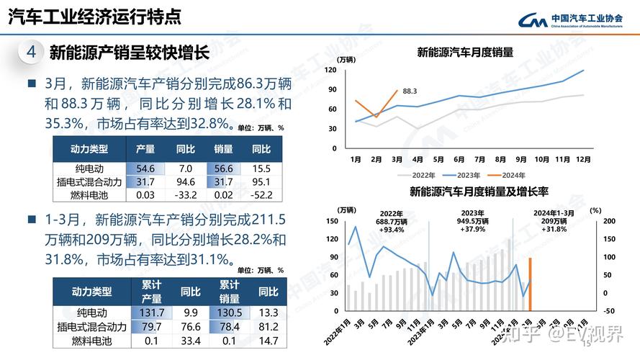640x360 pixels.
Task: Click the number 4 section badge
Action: [x=31, y=52]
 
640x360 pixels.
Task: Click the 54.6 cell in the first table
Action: [x=145, y=168]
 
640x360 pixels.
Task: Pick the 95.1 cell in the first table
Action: [x=260, y=181]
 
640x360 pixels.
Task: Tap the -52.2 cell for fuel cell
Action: [x=260, y=194]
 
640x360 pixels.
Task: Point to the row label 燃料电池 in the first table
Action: [x=90, y=194]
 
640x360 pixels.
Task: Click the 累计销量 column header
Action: [x=229, y=291]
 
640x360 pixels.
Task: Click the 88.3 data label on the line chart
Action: [x=410, y=91]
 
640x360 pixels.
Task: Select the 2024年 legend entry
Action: [x=513, y=175]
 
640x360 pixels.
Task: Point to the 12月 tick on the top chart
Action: [x=582, y=158]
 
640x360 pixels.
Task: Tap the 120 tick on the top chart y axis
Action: [x=330, y=70]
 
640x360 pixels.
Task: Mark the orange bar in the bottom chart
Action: [x=530, y=284]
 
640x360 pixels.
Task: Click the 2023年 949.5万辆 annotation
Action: [x=472, y=221]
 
